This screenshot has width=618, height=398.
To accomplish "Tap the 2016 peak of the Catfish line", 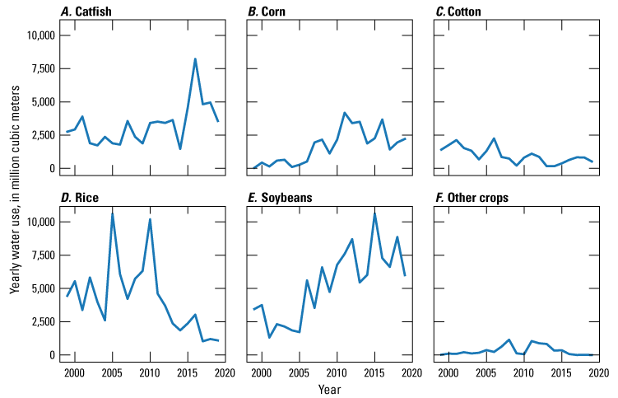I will click(x=195, y=59).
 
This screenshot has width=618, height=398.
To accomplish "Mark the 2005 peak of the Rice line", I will click(x=113, y=213).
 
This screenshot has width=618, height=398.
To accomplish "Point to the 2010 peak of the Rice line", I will click(x=150, y=219).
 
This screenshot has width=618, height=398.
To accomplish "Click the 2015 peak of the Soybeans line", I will click(x=374, y=213).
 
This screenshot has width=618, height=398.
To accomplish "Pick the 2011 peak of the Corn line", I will click(x=345, y=113).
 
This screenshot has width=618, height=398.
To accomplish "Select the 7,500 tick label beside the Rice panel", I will click(x=43, y=255).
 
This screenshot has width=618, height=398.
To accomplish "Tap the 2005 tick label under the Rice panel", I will click(x=113, y=372).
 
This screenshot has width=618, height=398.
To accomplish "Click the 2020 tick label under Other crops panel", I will click(x=598, y=372).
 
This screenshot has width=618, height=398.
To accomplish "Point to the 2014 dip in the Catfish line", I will click(x=180, y=149).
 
